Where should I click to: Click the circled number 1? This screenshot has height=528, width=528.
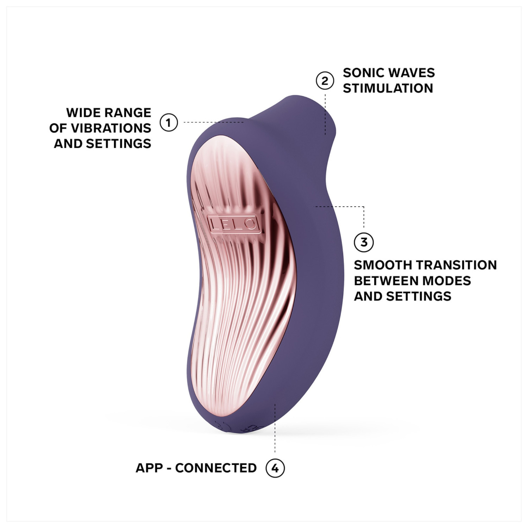(169, 122)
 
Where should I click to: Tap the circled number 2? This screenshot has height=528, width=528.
(325, 81)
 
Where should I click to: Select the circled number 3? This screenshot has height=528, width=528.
(364, 242)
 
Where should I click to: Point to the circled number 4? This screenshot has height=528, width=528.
(275, 468)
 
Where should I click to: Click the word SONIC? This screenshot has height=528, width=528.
(362, 73)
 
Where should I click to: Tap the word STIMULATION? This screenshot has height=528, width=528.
(388, 88)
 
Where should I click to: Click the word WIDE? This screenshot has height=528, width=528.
(81, 113)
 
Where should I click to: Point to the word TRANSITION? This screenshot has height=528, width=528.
(455, 265)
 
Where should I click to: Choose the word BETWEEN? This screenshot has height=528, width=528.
(386, 281)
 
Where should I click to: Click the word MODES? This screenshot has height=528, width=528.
(446, 281)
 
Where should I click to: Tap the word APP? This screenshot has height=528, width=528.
(149, 468)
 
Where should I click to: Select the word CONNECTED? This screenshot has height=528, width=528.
(216, 468)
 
